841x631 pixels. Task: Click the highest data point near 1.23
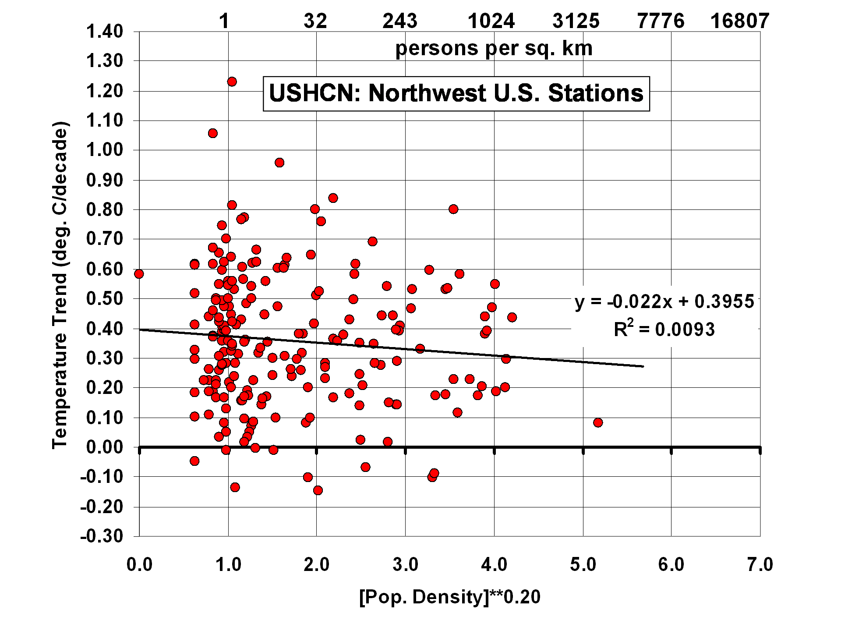pyautogui.click(x=232, y=82)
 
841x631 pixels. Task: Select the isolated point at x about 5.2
pyautogui.click(x=598, y=422)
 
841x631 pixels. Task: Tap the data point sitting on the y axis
pyautogui.click(x=139, y=274)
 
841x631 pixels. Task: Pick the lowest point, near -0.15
pyautogui.click(x=318, y=490)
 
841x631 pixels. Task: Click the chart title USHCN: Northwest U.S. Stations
pyautogui.click(x=456, y=94)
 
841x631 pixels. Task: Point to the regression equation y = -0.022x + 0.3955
pyautogui.click(x=664, y=302)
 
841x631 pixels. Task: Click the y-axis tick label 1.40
pyautogui.click(x=105, y=32)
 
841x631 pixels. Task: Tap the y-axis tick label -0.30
pyautogui.click(x=102, y=536)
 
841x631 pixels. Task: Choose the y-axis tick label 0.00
pyautogui.click(x=105, y=447)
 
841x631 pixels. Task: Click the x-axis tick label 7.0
pyautogui.click(x=760, y=565)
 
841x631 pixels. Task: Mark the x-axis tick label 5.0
pyautogui.click(x=583, y=565)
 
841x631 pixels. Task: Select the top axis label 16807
pyautogui.click(x=739, y=21)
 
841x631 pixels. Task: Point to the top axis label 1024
pyautogui.click(x=491, y=21)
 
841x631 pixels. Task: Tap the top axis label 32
pyautogui.click(x=315, y=21)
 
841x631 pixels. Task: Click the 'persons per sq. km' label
pyautogui.click(x=494, y=48)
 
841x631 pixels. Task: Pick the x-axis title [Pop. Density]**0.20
pyautogui.click(x=449, y=597)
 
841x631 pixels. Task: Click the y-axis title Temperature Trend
pyautogui.click(x=60, y=285)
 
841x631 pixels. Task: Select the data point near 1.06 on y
pyautogui.click(x=212, y=133)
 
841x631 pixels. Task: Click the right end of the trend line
pyautogui.click(x=643, y=366)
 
